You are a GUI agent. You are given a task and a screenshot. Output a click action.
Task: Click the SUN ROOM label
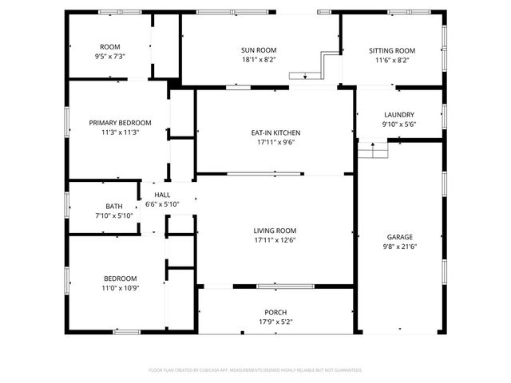point(253,50)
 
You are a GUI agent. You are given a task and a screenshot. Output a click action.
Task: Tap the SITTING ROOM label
point(392,50)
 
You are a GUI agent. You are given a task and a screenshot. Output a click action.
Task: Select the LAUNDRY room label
point(398,114)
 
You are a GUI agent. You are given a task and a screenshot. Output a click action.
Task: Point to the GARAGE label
point(400,237)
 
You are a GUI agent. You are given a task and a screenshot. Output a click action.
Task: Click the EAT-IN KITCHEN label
point(275,132)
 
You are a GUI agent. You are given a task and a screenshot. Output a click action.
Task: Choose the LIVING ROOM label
point(275,231)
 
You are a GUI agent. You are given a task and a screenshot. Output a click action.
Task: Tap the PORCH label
point(275,312)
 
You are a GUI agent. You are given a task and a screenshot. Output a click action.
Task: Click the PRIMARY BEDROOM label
point(120,123)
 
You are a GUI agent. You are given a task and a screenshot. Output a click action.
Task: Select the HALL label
point(162,195)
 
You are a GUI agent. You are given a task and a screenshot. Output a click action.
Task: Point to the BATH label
point(114,207)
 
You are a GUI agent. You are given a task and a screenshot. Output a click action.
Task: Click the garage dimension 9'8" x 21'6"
point(400,247)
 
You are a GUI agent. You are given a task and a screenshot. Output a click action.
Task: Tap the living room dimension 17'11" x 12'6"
point(275,240)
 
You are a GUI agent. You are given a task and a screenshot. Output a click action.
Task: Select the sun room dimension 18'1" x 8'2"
point(253,60)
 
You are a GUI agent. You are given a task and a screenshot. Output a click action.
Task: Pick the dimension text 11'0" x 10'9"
point(120,288)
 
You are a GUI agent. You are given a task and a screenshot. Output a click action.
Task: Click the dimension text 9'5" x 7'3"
point(110,57)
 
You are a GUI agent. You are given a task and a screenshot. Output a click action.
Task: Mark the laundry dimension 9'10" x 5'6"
point(398,124)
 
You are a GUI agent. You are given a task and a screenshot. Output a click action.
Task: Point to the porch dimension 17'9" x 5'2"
point(275,322)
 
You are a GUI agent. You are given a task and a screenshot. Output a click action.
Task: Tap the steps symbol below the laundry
point(371,148)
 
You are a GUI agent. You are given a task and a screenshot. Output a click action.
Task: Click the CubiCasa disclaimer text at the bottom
point(255,370)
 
